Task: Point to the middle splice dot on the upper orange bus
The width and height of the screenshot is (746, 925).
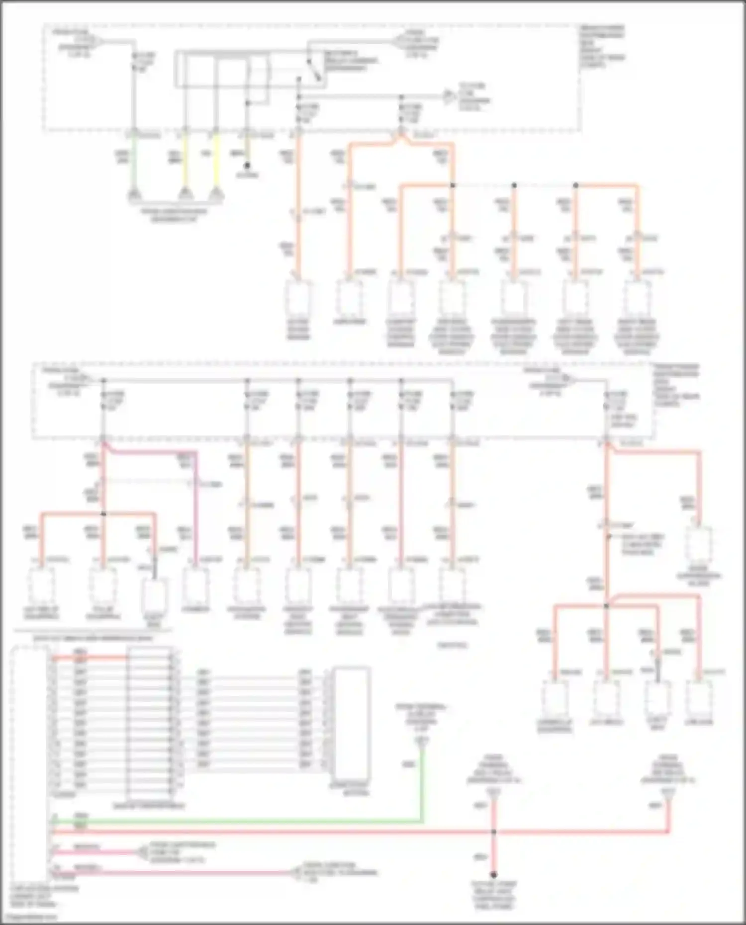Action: [514, 185]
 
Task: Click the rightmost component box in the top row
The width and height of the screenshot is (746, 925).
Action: [637, 299]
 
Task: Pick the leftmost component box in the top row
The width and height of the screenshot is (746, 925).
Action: [298, 299]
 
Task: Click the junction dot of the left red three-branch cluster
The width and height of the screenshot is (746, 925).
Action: [103, 513]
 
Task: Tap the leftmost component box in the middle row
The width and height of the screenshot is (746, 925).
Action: [41, 587]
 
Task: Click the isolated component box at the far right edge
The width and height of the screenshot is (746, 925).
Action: [699, 546]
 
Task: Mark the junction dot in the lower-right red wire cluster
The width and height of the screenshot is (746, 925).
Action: [606, 606]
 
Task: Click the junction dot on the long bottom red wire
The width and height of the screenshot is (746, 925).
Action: [493, 832]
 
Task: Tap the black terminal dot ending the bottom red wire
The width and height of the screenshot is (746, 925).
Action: [493, 875]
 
